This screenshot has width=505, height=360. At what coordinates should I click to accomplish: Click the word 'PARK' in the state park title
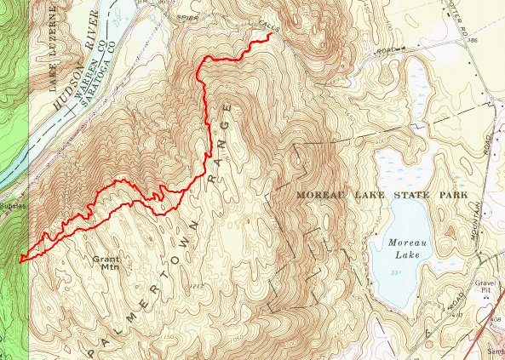pos(455,196)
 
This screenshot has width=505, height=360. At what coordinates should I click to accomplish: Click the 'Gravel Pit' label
pos(487,289)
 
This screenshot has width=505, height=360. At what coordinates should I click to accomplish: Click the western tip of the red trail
pos(20,258)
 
